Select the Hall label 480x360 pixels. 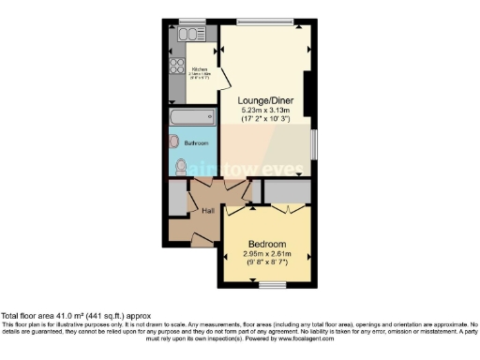point(208,212)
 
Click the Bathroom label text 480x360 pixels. point(195,143)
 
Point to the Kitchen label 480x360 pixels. point(200,69)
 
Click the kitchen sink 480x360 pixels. point(191,35)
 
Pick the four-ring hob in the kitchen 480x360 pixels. point(175,66)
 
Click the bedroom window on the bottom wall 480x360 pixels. point(273,283)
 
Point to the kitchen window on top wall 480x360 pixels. point(192,22)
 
